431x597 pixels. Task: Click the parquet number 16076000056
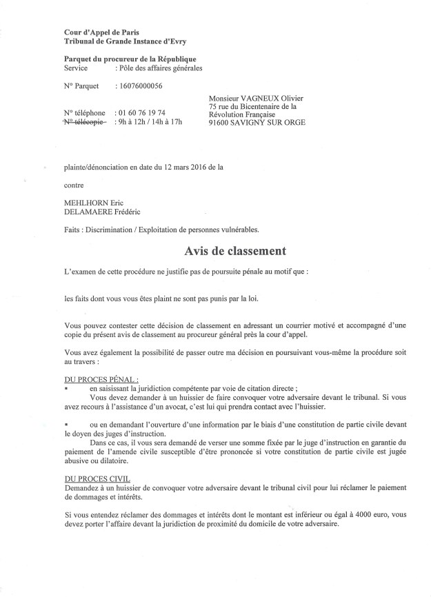tap(144, 87)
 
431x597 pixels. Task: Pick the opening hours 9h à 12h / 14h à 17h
tap(150, 122)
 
